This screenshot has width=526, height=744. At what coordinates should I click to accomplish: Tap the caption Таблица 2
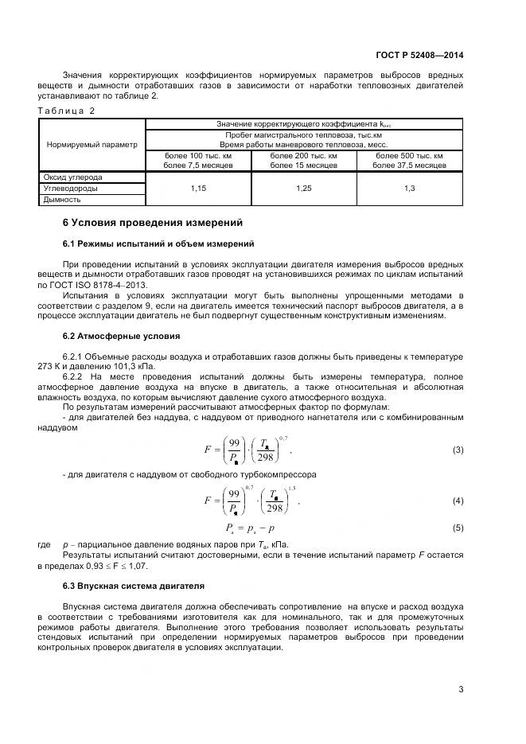(x=66, y=111)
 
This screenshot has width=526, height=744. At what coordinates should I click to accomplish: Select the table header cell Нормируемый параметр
(x=92, y=145)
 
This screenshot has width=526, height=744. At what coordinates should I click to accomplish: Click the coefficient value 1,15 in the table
(x=198, y=189)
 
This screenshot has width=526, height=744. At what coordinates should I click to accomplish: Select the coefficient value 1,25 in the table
(x=304, y=189)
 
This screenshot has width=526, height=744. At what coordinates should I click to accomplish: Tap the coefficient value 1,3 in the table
(x=410, y=189)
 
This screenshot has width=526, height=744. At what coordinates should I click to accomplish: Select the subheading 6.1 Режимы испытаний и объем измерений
(x=158, y=243)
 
